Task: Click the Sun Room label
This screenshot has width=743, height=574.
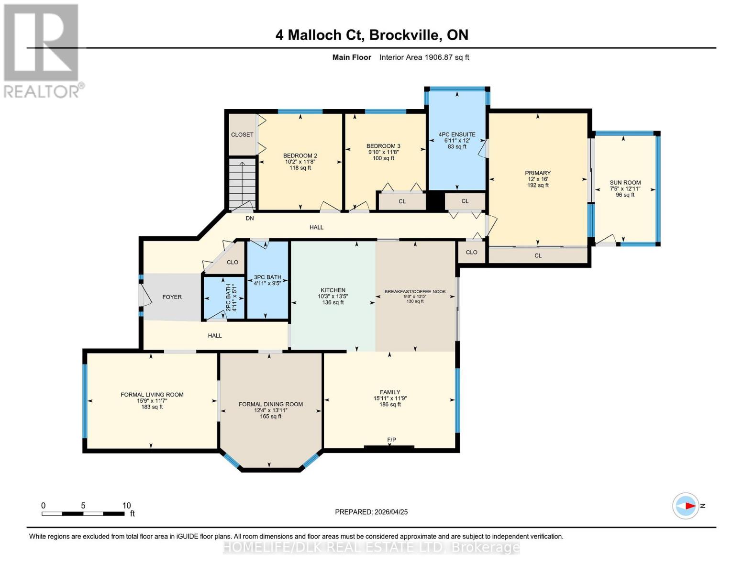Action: (625, 182)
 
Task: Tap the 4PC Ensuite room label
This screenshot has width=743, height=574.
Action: (457, 134)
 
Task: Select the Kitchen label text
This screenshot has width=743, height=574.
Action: (333, 290)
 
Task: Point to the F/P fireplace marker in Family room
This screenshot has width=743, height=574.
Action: (391, 440)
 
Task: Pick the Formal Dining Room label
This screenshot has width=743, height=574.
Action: (271, 404)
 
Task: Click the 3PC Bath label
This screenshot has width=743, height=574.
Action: (267, 277)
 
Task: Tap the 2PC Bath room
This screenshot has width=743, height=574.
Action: (224, 298)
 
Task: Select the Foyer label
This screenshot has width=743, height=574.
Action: (172, 297)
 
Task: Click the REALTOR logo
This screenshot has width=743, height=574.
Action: (42, 51)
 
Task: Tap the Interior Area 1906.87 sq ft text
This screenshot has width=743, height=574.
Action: (424, 57)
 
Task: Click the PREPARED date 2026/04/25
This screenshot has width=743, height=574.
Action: (371, 512)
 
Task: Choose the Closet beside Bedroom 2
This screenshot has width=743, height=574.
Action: (242, 134)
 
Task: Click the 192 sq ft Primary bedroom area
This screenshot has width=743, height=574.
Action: (538, 186)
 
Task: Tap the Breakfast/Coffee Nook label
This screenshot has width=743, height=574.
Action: (415, 291)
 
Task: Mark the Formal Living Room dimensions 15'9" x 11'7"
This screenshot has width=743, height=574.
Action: (152, 401)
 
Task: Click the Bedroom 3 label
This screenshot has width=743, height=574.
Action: (383, 146)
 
